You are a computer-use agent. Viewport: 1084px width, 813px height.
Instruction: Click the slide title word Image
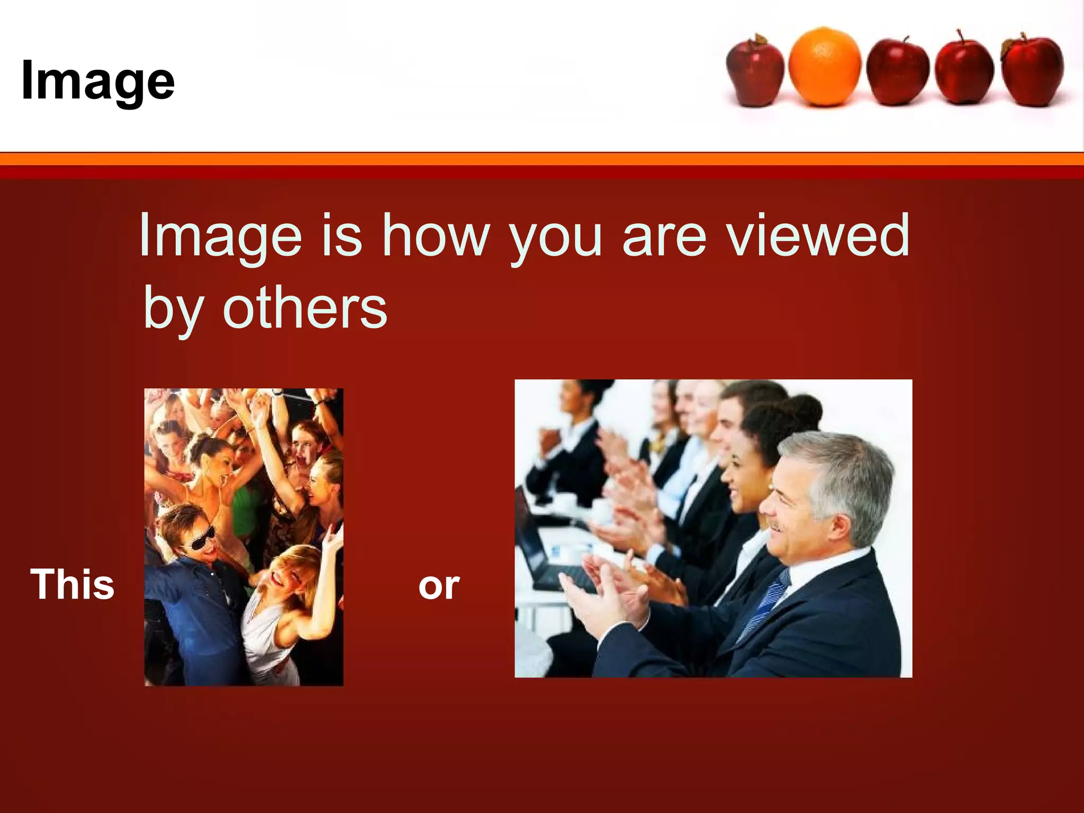click(98, 80)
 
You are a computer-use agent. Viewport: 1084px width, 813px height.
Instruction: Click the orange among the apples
click(824, 66)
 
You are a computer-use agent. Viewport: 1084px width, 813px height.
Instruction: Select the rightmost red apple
click(1032, 71)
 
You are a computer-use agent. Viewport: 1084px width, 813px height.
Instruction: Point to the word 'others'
click(305, 308)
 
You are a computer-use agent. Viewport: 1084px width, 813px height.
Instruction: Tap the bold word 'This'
click(73, 584)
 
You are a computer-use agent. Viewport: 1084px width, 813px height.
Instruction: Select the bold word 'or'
click(439, 586)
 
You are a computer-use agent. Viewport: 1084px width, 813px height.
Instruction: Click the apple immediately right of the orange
click(897, 71)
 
